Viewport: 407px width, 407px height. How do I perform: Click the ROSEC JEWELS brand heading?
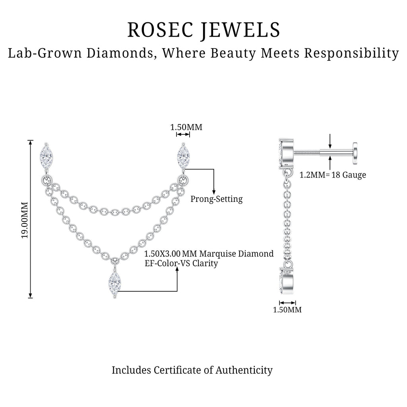204,30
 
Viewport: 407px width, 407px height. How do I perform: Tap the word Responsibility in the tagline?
351,54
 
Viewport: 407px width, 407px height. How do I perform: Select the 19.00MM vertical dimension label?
25,220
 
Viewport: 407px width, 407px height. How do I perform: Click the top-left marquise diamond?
46,157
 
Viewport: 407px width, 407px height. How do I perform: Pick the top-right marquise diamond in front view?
184,157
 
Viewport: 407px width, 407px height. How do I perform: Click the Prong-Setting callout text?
217,199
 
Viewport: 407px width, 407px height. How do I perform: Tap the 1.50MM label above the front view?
186,127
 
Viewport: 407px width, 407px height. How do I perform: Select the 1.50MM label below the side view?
287,310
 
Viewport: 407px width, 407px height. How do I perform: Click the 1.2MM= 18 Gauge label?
333,175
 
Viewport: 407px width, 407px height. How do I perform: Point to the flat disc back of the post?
355,153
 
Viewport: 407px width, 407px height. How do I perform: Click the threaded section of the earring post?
307,153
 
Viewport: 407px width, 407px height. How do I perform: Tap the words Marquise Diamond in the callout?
236,254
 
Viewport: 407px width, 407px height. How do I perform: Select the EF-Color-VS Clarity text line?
181,264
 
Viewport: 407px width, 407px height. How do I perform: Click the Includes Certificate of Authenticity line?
192,370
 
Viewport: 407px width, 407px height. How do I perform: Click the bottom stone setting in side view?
286,281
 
